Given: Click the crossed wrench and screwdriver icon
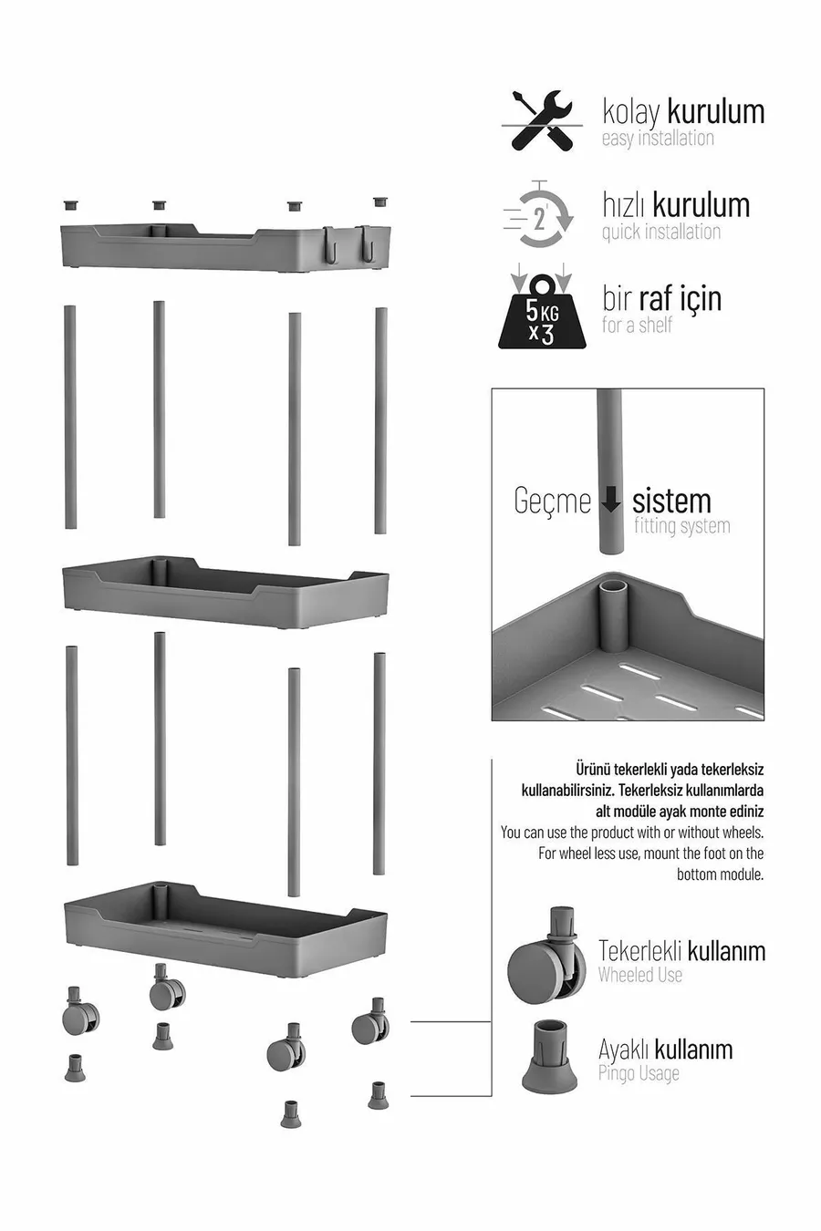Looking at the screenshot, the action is point(542,121).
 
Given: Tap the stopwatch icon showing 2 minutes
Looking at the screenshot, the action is point(539,214).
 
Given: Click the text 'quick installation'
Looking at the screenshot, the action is point(661,232).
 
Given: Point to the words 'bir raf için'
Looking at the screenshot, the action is point(662,299).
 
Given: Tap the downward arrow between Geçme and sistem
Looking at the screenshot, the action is point(610,500).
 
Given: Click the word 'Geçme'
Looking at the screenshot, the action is point(552,501).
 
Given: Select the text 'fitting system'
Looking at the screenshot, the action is point(681,526).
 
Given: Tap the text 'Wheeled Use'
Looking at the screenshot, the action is point(640,976).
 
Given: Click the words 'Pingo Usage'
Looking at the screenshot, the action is point(639,1072).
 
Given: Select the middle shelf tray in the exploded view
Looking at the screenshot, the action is point(226,591).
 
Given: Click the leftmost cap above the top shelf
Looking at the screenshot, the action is point(71,205).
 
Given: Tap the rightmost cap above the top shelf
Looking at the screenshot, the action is point(380,202).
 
